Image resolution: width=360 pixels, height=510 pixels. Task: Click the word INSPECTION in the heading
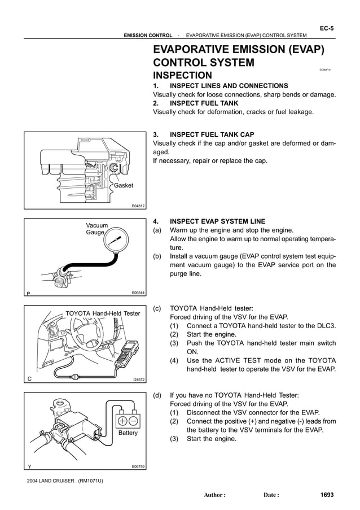pos(182,76)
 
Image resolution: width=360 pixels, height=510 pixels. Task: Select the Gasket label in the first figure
pos(124,185)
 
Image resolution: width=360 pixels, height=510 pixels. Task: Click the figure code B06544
pos(138,293)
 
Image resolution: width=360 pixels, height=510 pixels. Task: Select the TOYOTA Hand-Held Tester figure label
pos(103,313)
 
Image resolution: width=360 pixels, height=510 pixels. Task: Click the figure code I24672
pos(138,380)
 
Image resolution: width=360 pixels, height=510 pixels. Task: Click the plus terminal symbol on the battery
pos(122,421)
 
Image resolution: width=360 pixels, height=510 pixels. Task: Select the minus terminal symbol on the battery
pos(134,421)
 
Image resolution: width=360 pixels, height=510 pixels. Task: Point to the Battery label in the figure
pos(128,433)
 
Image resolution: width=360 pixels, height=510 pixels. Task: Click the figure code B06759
pos(138,467)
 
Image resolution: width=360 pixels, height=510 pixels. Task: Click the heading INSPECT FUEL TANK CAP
pos(212,134)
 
